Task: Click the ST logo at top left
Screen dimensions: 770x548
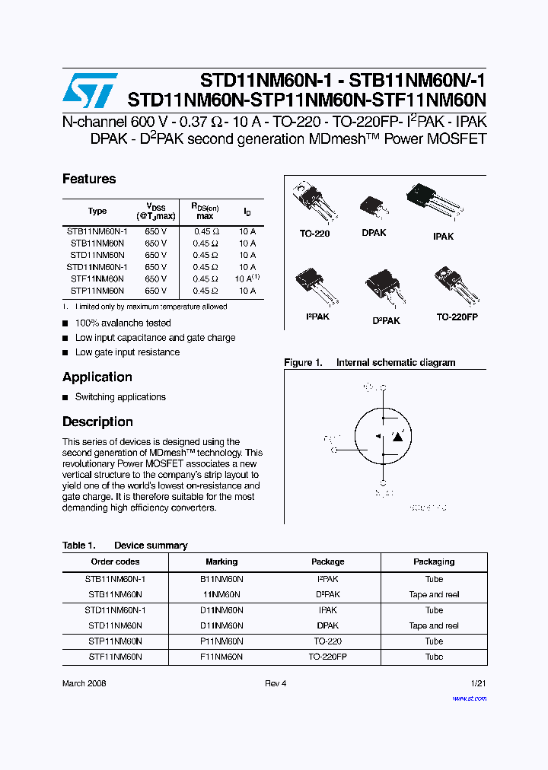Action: coord(90,90)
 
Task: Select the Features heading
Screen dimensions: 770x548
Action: coord(89,179)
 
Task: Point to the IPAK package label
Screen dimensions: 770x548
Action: coord(443,237)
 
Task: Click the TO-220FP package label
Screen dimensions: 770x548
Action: coord(457,317)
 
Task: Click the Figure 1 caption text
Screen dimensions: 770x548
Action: coord(370,363)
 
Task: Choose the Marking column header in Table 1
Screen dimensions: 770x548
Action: coord(221,562)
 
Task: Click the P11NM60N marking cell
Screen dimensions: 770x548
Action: coord(221,641)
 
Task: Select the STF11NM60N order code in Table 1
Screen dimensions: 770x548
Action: coord(115,657)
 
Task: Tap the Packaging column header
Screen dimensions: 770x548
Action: coord(434,562)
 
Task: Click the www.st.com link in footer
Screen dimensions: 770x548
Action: coord(469,698)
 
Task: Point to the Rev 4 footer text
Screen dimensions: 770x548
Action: coord(276,683)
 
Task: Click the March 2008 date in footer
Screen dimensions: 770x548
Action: coord(84,683)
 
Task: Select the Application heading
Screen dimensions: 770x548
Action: coord(97,377)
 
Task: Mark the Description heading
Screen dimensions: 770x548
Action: coord(97,422)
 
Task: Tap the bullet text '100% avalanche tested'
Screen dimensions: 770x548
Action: coord(123,323)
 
